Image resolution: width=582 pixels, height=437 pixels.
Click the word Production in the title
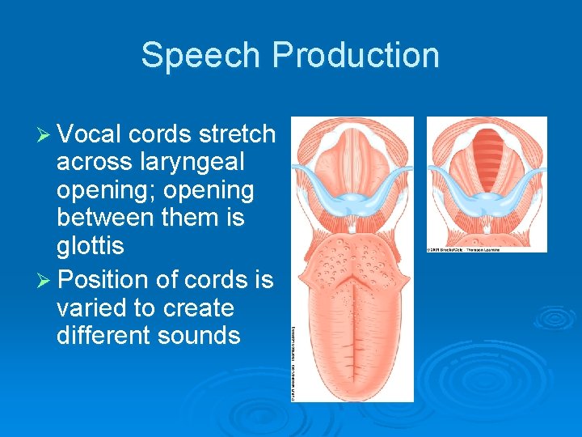pos(356,56)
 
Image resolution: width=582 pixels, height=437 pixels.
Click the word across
pos(95,162)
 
